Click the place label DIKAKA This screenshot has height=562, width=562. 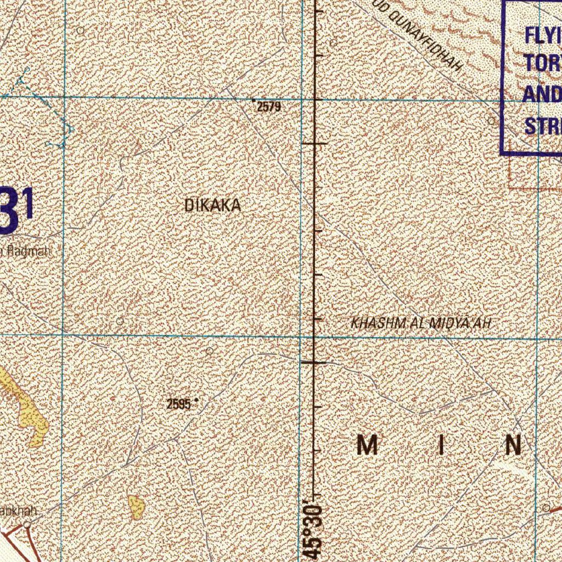tap(213, 206)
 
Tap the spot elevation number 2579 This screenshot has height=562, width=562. tap(269, 107)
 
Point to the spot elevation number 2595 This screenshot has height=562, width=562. tap(179, 405)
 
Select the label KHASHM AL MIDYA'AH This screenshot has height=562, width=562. tap(420, 323)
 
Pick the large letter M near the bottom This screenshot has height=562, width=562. tap(368, 445)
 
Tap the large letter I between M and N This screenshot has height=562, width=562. tap(441, 445)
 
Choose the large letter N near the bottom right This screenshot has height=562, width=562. tap(513, 445)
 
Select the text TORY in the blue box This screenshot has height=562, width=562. tap(543, 63)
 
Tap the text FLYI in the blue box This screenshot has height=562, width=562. tap(543, 35)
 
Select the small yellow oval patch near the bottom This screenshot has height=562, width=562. tap(136, 507)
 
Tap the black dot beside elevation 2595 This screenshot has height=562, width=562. tap(196, 401)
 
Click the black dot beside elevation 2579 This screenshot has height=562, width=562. tap(253, 100)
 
